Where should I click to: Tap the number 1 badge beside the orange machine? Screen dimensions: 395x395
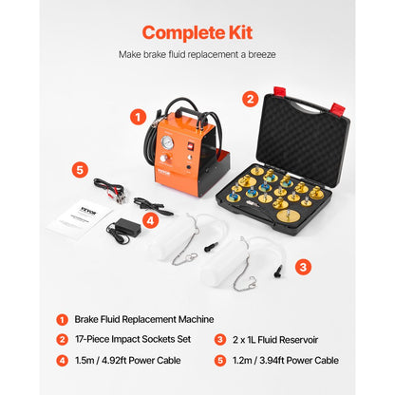(139, 118)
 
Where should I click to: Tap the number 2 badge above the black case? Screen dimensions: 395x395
(251, 98)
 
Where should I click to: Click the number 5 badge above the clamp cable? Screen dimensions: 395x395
(81, 171)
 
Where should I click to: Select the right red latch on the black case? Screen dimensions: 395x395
(334, 95)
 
